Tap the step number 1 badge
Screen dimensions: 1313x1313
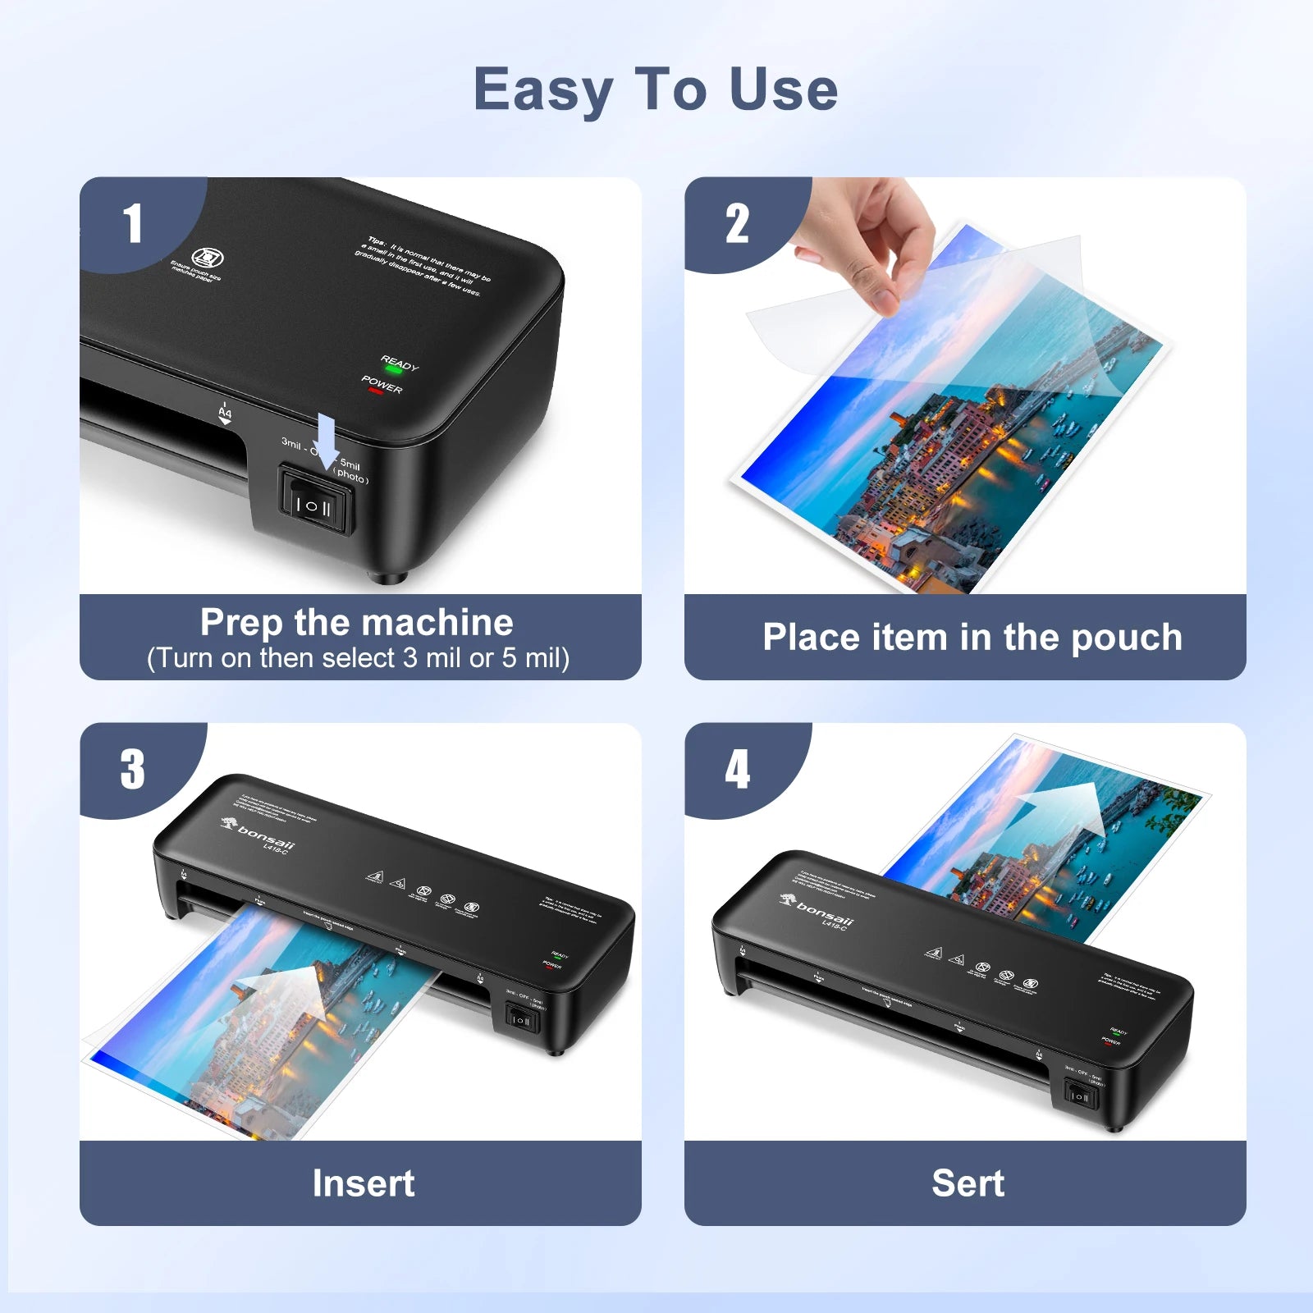point(132,224)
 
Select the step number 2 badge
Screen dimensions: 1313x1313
point(737,224)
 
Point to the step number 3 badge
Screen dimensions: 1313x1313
point(132,770)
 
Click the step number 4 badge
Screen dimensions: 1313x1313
point(737,770)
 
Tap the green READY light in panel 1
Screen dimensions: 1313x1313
point(393,370)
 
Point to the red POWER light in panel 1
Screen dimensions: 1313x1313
point(376,391)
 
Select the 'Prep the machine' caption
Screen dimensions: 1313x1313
point(357,622)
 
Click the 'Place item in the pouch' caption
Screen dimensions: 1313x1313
point(972,638)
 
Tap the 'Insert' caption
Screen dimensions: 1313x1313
point(364,1183)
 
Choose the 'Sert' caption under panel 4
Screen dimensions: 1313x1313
point(968,1183)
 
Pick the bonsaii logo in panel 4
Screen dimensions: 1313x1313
point(819,909)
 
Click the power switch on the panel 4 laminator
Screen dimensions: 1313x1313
point(1079,1096)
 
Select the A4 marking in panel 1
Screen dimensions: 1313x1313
point(225,413)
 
